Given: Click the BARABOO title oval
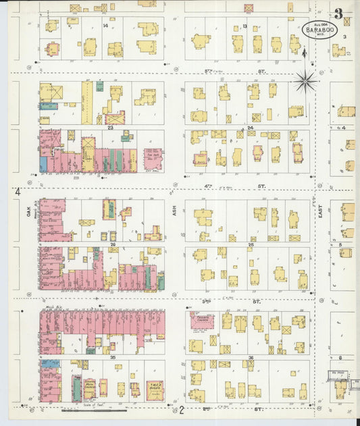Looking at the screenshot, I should pyautogui.click(x=316, y=32).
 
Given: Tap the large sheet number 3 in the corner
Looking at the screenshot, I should pyautogui.click(x=338, y=13).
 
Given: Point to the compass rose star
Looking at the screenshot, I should pyautogui.click(x=306, y=82).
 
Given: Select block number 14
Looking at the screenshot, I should pyautogui.click(x=105, y=26).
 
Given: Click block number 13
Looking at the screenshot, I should pyautogui.click(x=245, y=26).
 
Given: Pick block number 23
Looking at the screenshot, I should pyautogui.click(x=109, y=127).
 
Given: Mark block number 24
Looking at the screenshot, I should pyautogui.click(x=249, y=127).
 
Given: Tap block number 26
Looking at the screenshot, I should pyautogui.click(x=113, y=244).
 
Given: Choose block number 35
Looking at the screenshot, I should pyautogui.click(x=113, y=356).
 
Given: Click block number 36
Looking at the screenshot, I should pyautogui.click(x=250, y=357).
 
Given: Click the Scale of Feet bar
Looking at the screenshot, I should pyautogui.click(x=93, y=409).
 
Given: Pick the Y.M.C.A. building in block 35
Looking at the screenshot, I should pyautogui.click(x=155, y=390).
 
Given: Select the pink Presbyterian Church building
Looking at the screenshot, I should pyautogui.click(x=201, y=321).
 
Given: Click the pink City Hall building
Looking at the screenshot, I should pyautogui.click(x=153, y=159).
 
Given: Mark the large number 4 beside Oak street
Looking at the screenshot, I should pyautogui.click(x=17, y=193).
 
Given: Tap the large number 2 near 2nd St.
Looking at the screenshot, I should pyautogui.click(x=181, y=410).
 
